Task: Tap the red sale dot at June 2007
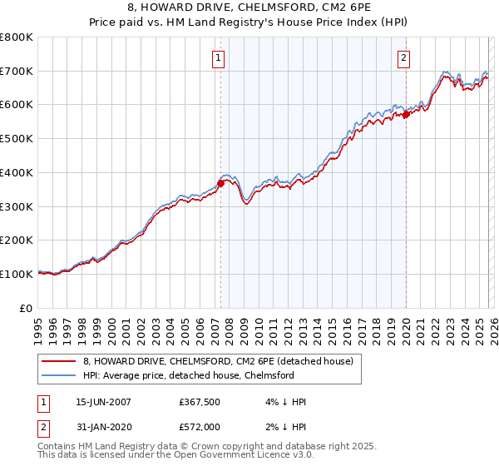tap(221, 183)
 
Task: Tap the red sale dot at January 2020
tap(406, 115)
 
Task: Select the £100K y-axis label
tap(17, 274)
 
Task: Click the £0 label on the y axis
tap(27, 308)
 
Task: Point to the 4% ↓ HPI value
tap(284, 402)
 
